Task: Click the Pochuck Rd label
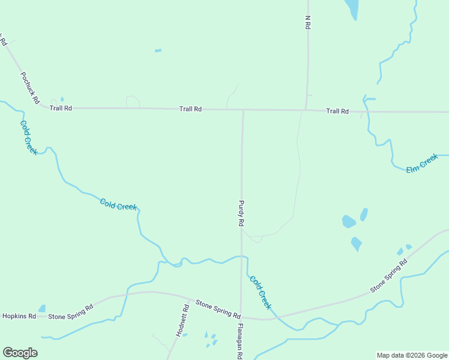point(29,87)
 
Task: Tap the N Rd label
point(307,22)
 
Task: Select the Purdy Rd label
point(241,213)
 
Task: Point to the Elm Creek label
point(422,164)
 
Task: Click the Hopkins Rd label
point(19,316)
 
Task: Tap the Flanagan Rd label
point(240,341)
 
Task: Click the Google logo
point(20,352)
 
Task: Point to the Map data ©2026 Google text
point(412,355)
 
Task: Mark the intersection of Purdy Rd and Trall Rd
point(243,110)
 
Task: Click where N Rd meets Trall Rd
point(307,110)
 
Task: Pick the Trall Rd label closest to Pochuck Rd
point(61,108)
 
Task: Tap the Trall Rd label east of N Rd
point(337,111)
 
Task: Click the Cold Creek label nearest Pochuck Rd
point(28,137)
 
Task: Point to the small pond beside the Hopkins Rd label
point(41,308)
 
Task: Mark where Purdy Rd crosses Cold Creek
point(242,257)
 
